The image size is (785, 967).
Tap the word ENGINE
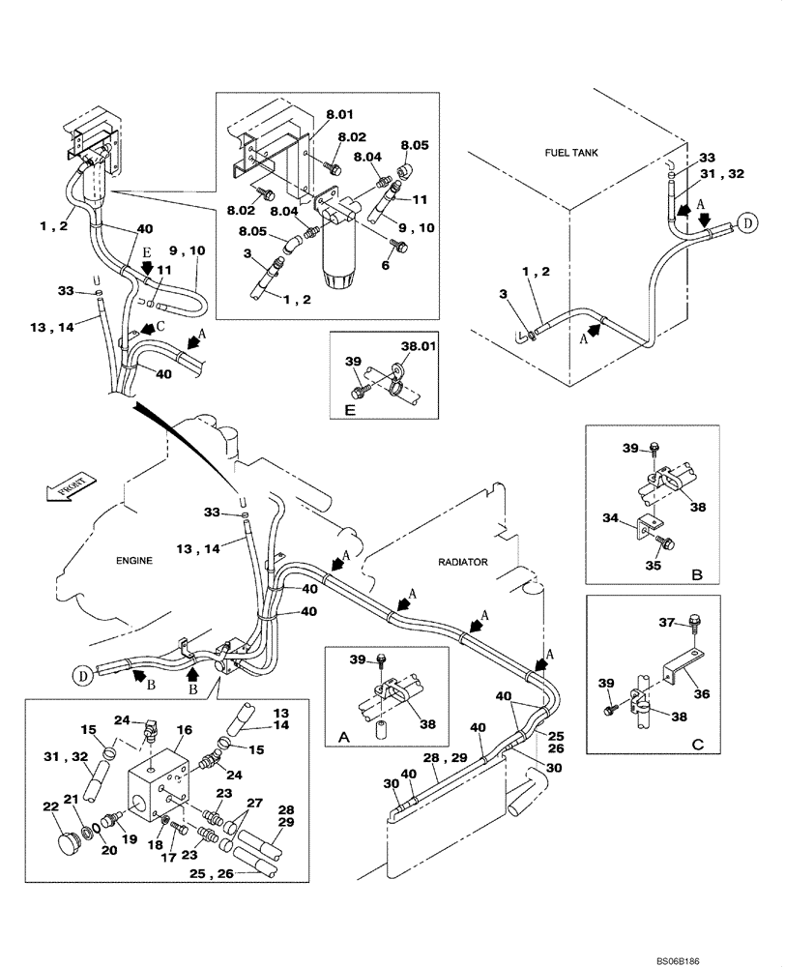(134, 560)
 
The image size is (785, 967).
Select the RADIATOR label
(463, 560)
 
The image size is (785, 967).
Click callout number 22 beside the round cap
(50, 807)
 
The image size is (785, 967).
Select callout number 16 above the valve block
(184, 731)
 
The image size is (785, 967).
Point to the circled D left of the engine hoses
(84, 675)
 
